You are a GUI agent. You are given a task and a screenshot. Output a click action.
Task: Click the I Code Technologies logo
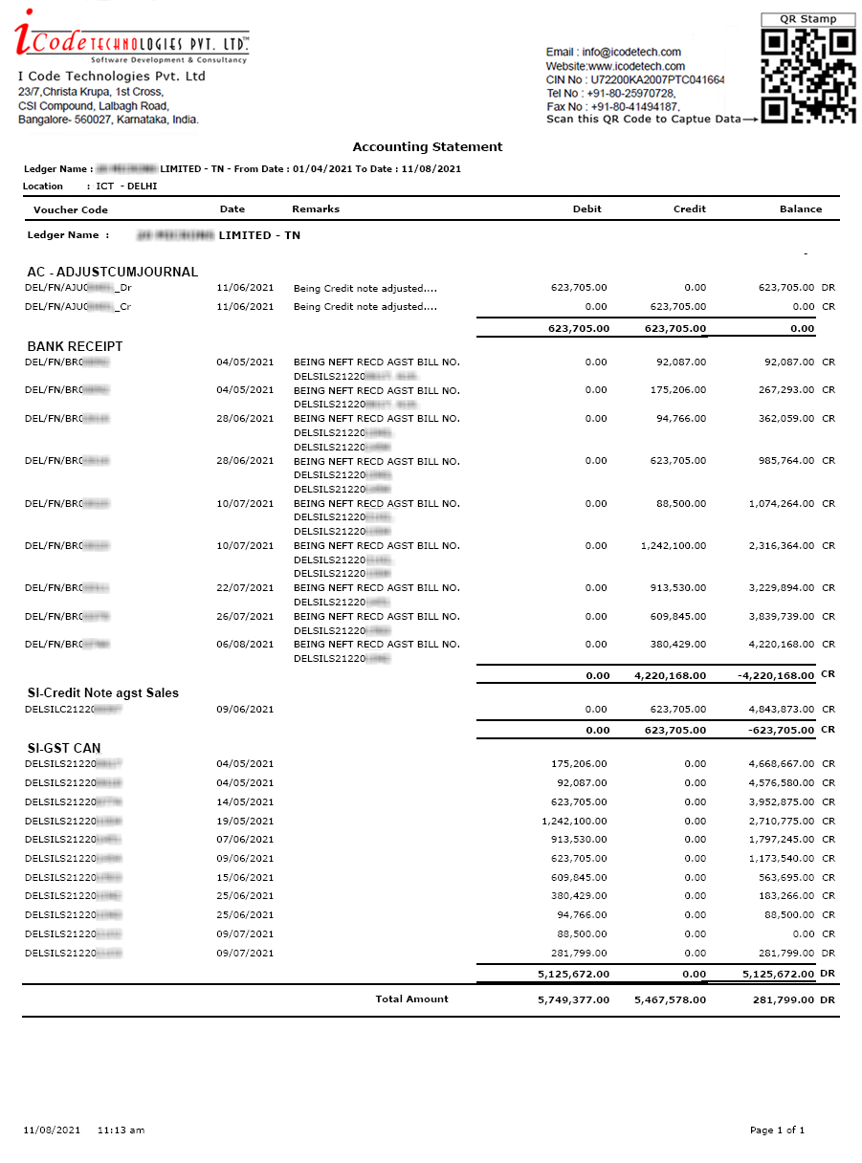[132, 38]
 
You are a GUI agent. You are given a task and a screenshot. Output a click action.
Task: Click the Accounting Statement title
[428, 146]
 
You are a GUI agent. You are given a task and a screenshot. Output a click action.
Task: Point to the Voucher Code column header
[71, 209]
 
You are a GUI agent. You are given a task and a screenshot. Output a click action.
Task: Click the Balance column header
[800, 208]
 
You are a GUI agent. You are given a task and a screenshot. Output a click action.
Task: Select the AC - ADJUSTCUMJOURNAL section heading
[112, 272]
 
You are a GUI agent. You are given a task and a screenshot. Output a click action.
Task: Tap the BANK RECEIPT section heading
[75, 346]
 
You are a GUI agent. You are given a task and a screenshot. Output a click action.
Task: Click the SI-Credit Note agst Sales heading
[102, 692]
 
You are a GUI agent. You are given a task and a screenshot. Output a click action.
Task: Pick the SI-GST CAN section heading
[63, 748]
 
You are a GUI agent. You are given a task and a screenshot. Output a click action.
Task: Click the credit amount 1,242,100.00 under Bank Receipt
[674, 545]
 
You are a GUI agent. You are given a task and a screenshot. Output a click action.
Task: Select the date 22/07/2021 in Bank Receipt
[245, 587]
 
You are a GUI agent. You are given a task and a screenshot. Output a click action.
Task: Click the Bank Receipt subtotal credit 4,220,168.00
[670, 675]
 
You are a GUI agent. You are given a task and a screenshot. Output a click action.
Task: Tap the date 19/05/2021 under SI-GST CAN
[245, 821]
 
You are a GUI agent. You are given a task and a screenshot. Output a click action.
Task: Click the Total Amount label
[411, 998]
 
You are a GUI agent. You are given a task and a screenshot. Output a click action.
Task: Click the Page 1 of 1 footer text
[777, 1130]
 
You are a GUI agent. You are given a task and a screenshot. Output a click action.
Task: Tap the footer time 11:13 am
[121, 1130]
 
